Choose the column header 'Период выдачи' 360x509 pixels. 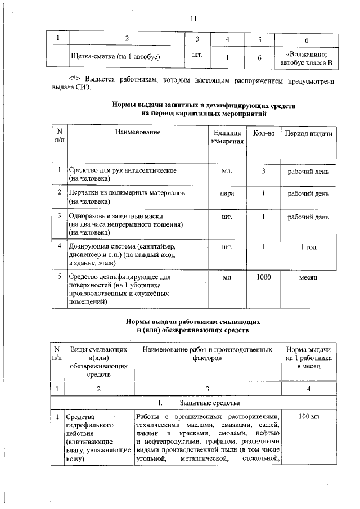pyautogui.click(x=308, y=133)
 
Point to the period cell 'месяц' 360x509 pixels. pyautogui.click(x=308, y=278)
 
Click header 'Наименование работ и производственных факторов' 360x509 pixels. pyautogui.click(x=207, y=353)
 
